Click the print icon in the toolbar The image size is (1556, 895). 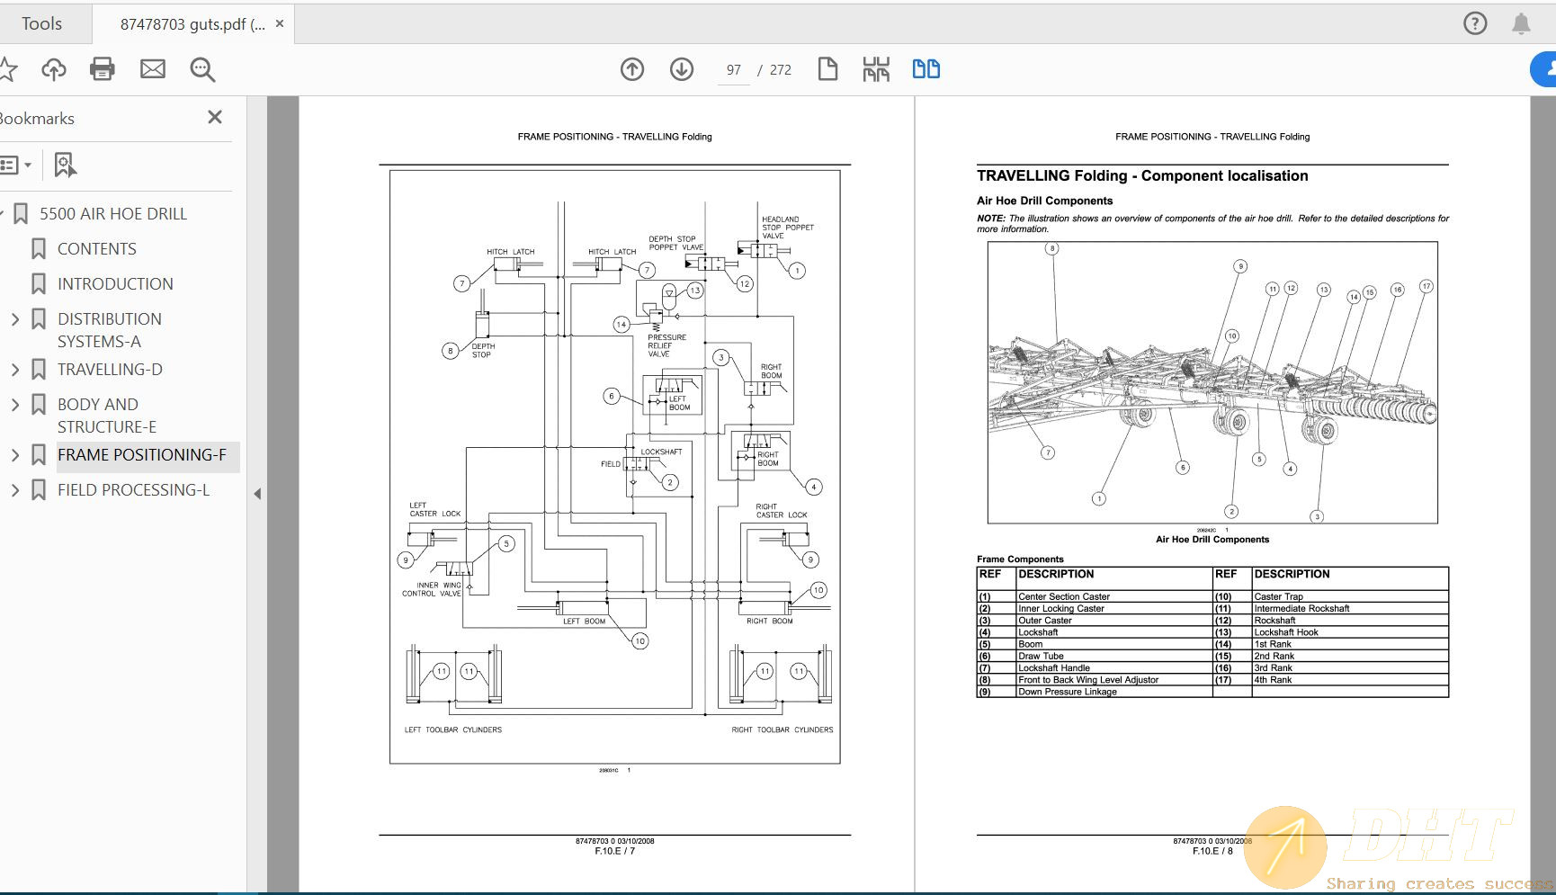coord(102,69)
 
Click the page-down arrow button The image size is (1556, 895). coord(682,69)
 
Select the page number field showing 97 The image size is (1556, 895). coord(734,70)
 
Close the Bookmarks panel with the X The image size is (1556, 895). coord(214,117)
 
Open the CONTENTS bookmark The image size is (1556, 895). coord(96,248)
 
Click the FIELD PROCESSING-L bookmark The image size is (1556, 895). coord(133,489)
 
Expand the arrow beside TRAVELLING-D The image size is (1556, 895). coord(14,369)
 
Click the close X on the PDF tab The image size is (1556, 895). coord(280,23)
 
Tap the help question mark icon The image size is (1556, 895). coord(1475,23)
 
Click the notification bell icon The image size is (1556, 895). coord(1521,23)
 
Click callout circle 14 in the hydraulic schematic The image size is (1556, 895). coord(622,324)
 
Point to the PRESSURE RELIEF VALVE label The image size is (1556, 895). coord(666,345)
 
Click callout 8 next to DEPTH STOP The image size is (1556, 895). coord(451,351)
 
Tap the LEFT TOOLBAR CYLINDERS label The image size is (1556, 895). coord(452,729)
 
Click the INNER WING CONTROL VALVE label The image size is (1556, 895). coord(432,589)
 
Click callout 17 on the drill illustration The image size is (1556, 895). coord(1426,286)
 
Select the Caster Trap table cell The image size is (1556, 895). coord(1278,596)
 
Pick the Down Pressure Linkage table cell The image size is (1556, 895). coord(1068,692)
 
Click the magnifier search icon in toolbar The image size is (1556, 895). coord(202,69)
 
